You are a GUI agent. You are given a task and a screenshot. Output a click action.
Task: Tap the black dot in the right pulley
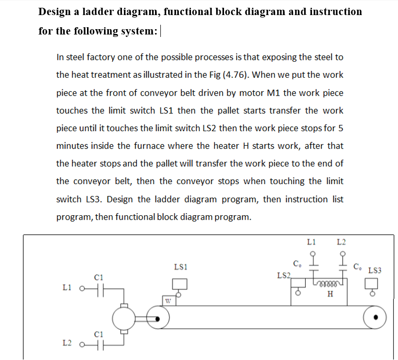point(376,319)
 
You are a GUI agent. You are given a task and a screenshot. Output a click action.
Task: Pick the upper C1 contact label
point(99,277)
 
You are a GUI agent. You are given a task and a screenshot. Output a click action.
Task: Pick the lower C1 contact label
point(99,334)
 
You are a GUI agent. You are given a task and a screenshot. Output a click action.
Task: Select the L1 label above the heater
point(312,242)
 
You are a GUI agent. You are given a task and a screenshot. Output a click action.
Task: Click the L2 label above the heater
point(342,242)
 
